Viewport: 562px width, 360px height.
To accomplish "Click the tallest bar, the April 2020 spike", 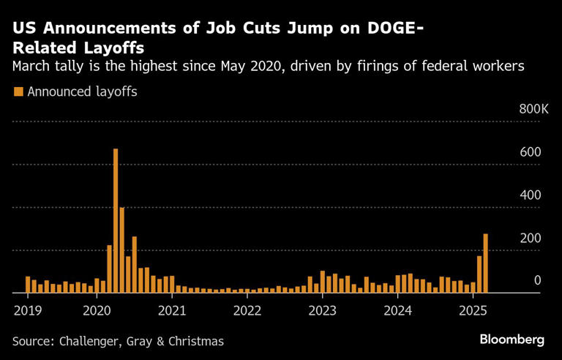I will coord(116,220).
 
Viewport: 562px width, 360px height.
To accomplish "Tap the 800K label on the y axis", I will coord(533,109).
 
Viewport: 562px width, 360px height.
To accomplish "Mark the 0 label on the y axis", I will coord(537,281).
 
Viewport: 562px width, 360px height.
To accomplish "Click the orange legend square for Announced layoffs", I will coord(18,91).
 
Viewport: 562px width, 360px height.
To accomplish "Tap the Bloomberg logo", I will coord(512,340).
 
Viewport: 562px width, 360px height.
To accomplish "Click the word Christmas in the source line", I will coord(196,341).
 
